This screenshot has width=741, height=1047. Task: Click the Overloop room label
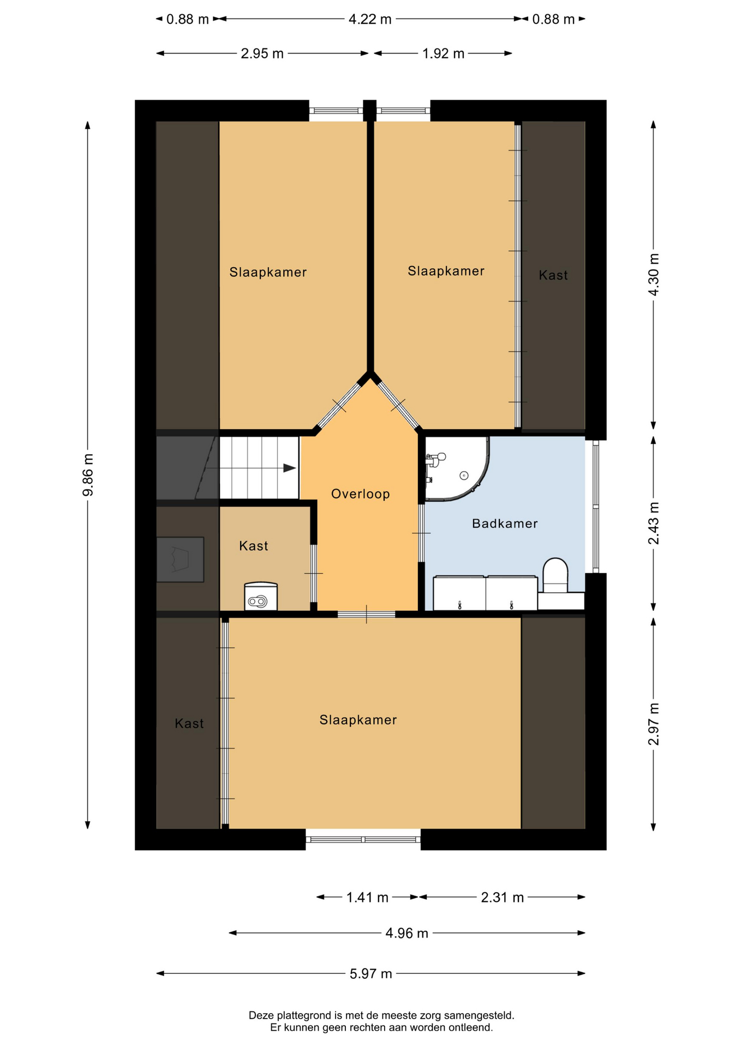point(360,494)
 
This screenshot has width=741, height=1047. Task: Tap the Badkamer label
point(505,523)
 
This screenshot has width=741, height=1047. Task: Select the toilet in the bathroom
point(555,575)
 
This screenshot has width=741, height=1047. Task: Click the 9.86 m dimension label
point(88,475)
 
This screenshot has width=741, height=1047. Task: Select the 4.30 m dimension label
point(653,274)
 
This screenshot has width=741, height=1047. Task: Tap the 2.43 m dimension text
point(653,523)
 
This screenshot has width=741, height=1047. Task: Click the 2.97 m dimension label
point(653,724)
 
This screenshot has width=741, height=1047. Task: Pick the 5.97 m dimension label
point(371,973)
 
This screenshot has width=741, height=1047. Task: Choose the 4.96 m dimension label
point(407,933)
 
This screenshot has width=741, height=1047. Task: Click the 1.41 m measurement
point(367,897)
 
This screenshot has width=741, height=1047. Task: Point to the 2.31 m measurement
point(502,897)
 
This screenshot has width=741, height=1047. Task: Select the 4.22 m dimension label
point(370,19)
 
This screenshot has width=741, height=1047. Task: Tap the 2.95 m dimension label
point(262,53)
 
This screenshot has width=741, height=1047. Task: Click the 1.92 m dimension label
point(443,53)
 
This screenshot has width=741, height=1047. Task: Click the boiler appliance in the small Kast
point(261,596)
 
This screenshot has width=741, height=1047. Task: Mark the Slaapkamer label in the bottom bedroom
point(358,720)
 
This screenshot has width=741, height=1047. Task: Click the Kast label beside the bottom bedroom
point(189,724)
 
